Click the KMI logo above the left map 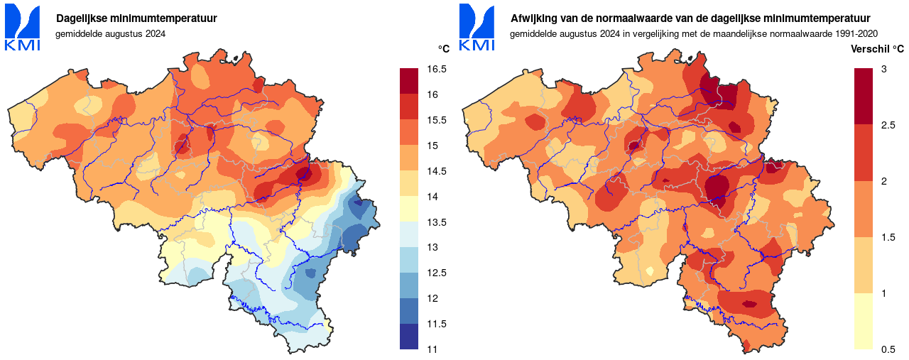point(23,28)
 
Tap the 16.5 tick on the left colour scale point(437,69)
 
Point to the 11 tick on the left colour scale point(432,349)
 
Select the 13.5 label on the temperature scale point(437,222)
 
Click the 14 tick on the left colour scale point(432,197)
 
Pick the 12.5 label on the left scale point(437,273)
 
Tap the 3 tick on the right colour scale point(883,69)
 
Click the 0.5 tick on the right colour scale point(887,349)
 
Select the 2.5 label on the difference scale point(887,125)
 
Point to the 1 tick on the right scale point(883,293)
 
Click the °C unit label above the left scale point(443,49)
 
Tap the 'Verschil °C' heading point(877,50)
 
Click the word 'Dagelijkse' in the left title point(81,18)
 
